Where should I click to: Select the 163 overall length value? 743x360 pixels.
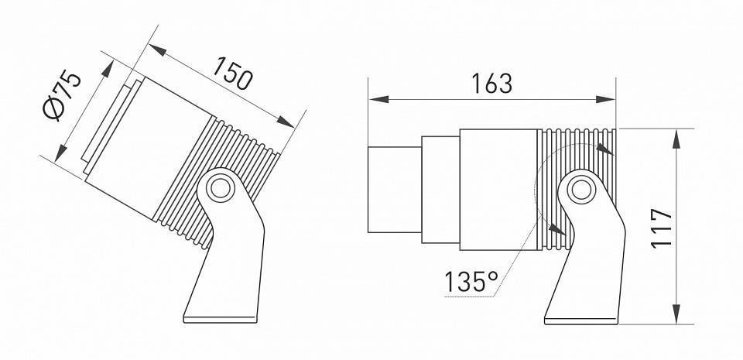coord(491,83)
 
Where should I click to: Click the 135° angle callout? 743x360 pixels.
coord(471,282)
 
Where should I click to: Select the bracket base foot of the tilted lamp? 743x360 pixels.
coord(221,315)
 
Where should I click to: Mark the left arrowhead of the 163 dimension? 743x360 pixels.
coord(374,100)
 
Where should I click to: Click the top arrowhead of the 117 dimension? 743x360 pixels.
coord(677,136)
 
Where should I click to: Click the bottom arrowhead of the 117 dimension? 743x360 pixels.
coord(677,316)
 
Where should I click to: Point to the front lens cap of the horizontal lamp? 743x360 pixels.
coord(393,189)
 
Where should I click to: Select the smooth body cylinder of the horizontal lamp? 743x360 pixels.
coord(497,189)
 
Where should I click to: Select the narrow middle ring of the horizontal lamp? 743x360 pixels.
coord(440,189)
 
